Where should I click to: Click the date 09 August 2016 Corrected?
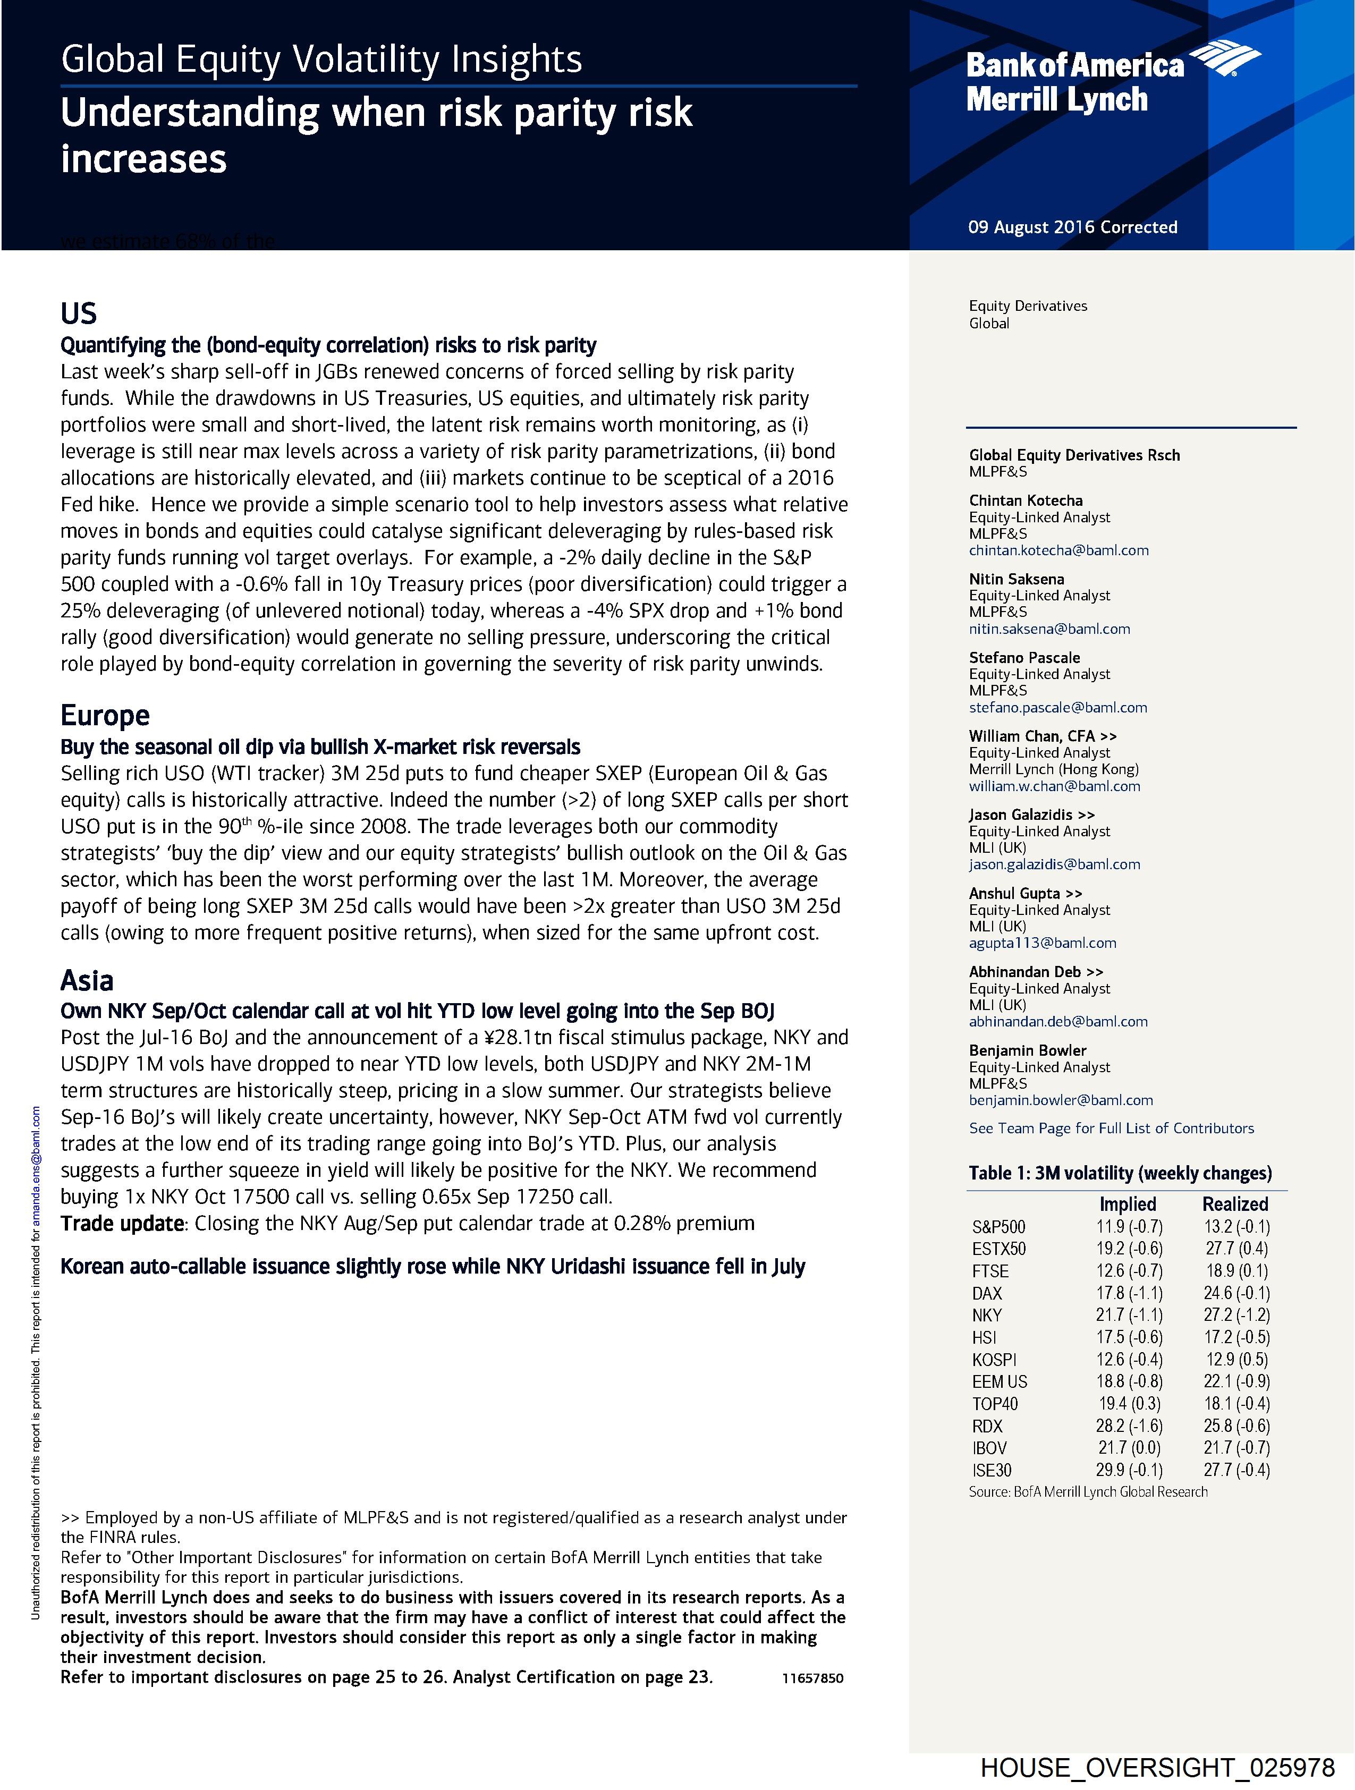1072,227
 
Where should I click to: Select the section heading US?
79,313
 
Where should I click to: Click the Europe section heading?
105,715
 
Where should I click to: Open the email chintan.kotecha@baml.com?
1058,550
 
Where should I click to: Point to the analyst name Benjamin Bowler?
1027,1050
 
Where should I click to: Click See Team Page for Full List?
1111,1128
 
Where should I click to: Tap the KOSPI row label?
994,1360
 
